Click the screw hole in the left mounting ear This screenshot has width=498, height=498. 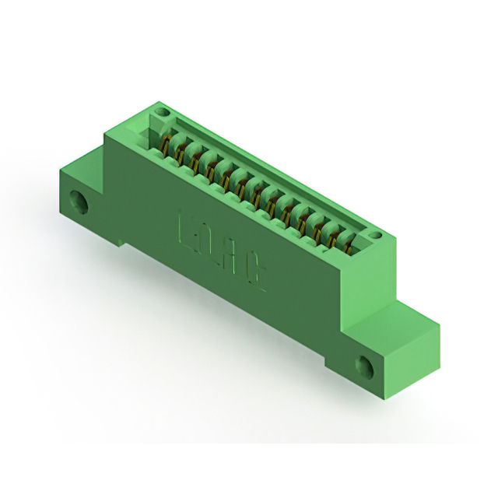[79, 200]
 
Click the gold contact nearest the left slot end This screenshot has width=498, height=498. [166, 144]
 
